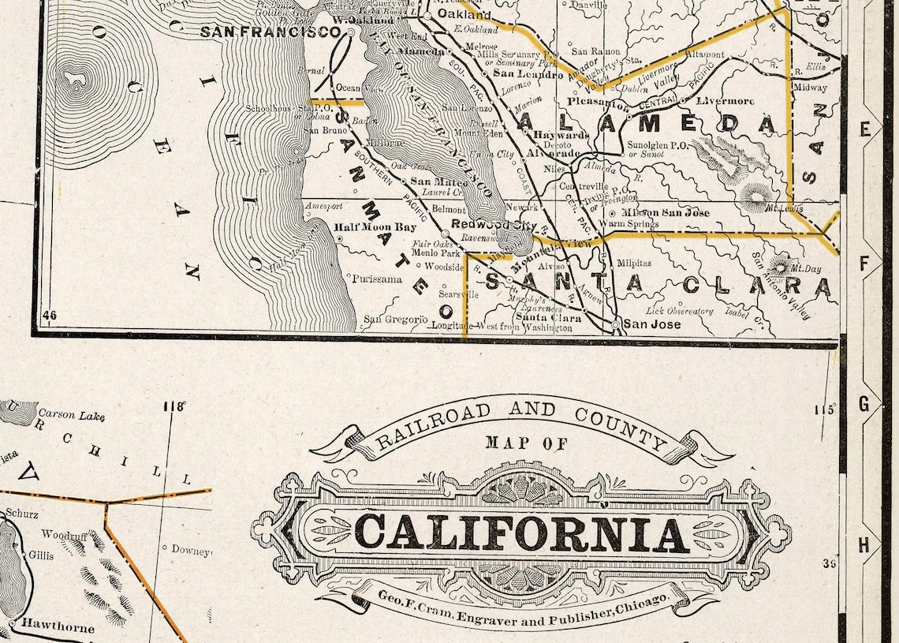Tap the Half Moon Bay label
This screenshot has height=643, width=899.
click(375, 227)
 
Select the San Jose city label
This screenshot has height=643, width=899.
click(651, 323)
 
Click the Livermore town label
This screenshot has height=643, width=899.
click(725, 101)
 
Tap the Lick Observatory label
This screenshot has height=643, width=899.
click(679, 311)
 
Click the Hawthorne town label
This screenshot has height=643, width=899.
click(58, 628)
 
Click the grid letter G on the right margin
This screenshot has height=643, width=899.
click(864, 405)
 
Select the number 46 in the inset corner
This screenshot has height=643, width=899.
click(50, 316)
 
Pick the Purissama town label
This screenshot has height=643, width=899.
click(376, 279)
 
